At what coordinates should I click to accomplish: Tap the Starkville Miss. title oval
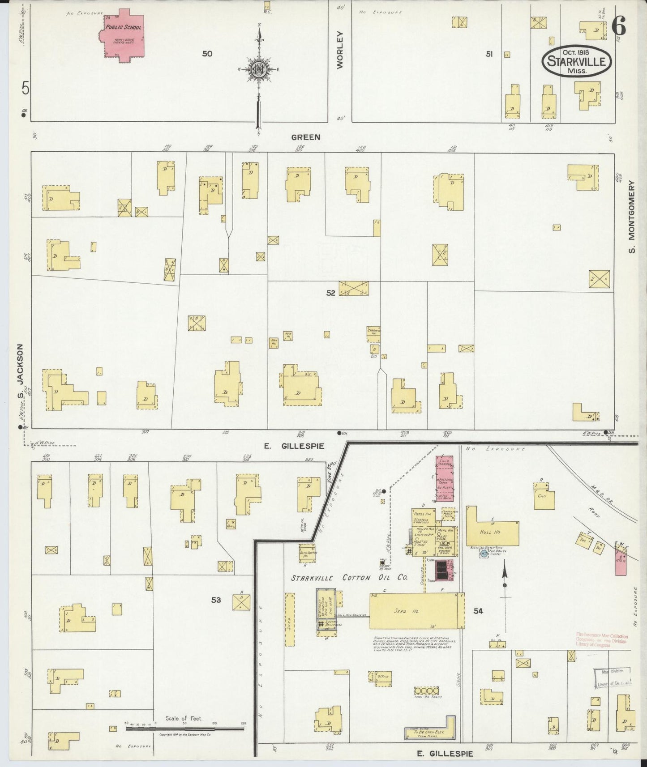[577, 62]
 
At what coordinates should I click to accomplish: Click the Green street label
[306, 137]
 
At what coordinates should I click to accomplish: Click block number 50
[207, 54]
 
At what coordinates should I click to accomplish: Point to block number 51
[489, 54]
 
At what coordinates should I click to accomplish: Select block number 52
[330, 293]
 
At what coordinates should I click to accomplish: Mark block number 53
[216, 600]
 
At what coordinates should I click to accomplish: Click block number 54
[478, 610]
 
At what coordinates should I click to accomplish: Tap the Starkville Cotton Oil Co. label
[349, 578]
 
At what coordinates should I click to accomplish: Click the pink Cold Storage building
[445, 479]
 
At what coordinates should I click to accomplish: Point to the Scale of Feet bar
[185, 729]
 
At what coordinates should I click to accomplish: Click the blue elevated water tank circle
[483, 553]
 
